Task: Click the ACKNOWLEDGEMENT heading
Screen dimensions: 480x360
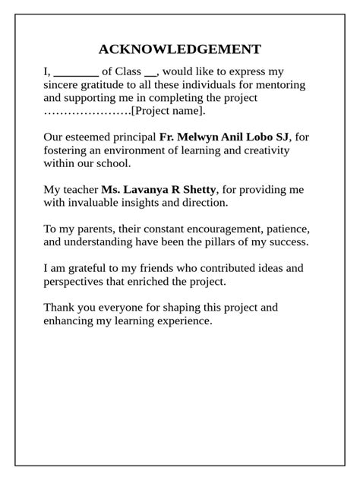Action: point(180,49)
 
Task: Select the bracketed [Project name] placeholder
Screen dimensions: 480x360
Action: point(168,111)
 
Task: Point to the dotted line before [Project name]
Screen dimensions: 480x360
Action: point(87,111)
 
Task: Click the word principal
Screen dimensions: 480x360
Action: point(134,137)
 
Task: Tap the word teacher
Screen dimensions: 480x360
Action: point(81,189)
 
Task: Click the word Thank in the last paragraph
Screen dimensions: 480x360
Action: point(59,308)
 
